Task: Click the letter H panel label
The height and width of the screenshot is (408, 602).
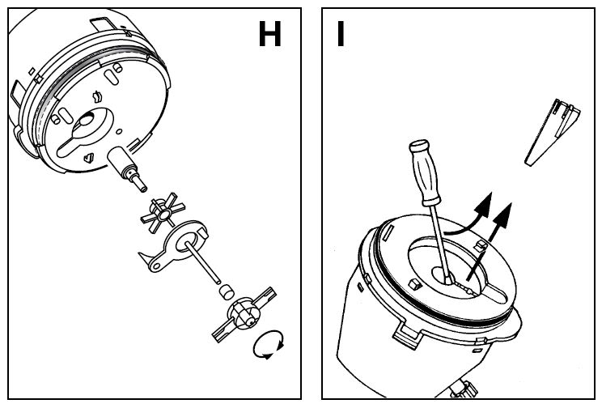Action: pyautogui.click(x=270, y=34)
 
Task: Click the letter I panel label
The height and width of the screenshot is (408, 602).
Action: pyautogui.click(x=340, y=34)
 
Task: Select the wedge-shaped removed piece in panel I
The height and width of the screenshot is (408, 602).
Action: pyautogui.click(x=551, y=133)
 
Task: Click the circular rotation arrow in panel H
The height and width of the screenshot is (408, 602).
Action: pyautogui.click(x=269, y=344)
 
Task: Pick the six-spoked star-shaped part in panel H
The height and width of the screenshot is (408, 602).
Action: pyautogui.click(x=163, y=213)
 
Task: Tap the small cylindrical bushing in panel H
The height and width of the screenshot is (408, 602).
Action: pyautogui.click(x=227, y=291)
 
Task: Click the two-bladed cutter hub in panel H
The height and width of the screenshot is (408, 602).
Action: pyautogui.click(x=244, y=314)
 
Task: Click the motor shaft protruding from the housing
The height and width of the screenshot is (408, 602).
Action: pyautogui.click(x=127, y=168)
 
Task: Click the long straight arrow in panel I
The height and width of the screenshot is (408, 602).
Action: pyautogui.click(x=490, y=242)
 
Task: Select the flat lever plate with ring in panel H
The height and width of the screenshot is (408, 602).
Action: pyautogui.click(x=173, y=246)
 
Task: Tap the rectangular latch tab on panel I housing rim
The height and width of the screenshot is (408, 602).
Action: pyautogui.click(x=408, y=335)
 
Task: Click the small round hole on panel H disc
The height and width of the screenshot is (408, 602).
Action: pyautogui.click(x=119, y=132)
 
